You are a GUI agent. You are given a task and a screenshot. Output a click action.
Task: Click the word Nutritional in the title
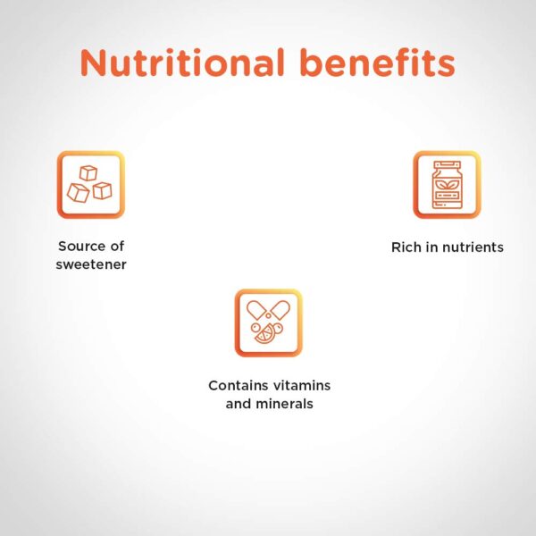[x=182, y=63]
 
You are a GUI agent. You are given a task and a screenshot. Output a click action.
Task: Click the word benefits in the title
[x=378, y=63]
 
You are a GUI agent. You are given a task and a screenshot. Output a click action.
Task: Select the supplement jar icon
[x=447, y=185]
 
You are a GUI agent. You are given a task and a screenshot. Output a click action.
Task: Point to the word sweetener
[x=91, y=264]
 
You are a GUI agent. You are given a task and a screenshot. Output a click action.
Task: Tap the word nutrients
[x=472, y=247]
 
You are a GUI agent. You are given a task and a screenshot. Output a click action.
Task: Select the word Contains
[x=238, y=386]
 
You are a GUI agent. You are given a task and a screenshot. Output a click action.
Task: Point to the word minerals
[x=284, y=404]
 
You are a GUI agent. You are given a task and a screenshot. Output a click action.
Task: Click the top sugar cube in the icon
[x=88, y=173]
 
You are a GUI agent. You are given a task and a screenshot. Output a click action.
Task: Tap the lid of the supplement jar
[x=448, y=165]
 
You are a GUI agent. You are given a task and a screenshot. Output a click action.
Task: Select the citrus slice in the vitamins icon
[x=264, y=335]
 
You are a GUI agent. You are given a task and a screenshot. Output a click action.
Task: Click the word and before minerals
[x=238, y=404]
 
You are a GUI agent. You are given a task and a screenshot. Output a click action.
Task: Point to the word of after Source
[x=117, y=247]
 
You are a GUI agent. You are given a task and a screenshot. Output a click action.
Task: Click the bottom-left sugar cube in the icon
[x=79, y=193]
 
